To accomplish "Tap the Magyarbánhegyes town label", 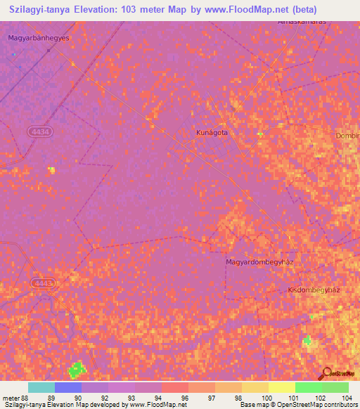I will [39, 38].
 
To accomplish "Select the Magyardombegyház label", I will [259, 262].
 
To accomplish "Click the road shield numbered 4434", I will [40, 131].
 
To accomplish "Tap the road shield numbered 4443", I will [43, 283].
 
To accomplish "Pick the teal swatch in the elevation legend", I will [41, 387].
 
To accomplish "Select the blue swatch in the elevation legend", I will [68, 387].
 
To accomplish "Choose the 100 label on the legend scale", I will [265, 398].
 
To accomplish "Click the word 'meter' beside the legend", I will [10, 398].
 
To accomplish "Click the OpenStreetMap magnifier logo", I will [326, 372].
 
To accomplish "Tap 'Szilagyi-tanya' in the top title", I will [39, 10].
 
